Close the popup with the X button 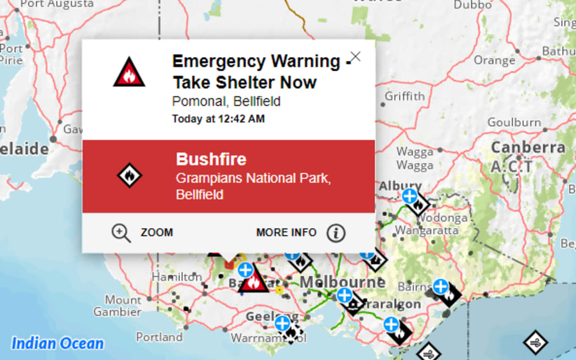[x=355, y=57]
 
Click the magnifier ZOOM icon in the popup [x=121, y=233]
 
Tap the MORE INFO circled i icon [x=336, y=233]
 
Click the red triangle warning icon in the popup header [x=129, y=73]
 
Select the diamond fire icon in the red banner [x=129, y=176]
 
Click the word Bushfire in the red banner [x=211, y=159]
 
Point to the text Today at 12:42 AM [x=218, y=119]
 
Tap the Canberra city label [x=528, y=148]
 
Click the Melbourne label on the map [x=343, y=282]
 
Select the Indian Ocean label [x=58, y=344]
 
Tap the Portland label [x=159, y=336]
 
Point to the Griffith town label [x=404, y=96]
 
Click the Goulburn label [x=514, y=122]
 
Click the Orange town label [x=494, y=60]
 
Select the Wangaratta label [x=426, y=230]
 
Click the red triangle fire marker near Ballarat [x=253, y=283]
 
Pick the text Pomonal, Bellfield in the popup [x=226, y=102]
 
